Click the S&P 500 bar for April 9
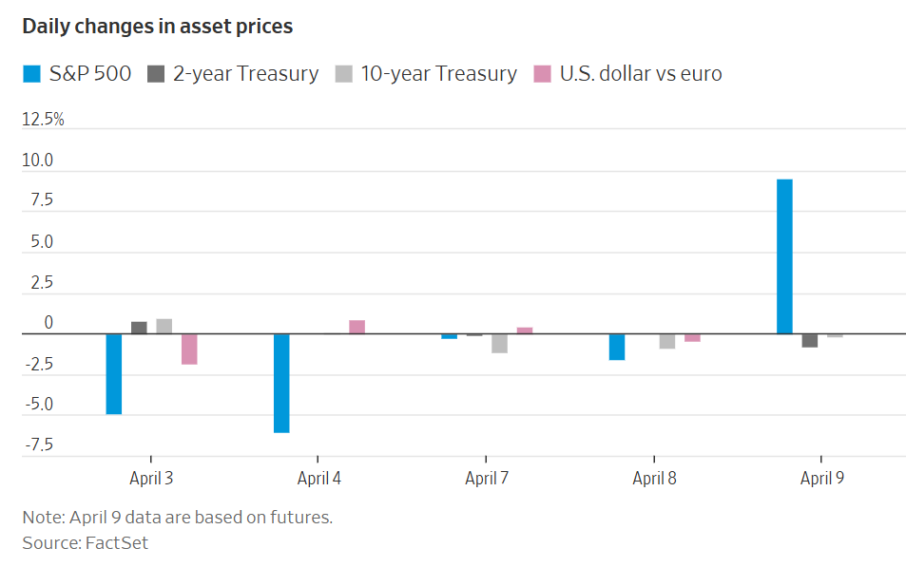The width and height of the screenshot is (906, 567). [x=784, y=256]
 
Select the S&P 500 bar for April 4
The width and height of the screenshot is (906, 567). [x=281, y=383]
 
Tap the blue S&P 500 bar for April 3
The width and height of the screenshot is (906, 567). [x=114, y=373]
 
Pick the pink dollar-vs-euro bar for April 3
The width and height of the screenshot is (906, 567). [x=189, y=349]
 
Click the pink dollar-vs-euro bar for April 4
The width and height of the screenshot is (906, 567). [x=357, y=327]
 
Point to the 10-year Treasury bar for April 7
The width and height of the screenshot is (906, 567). [x=499, y=343]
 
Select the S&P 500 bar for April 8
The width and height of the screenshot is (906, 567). [x=617, y=347]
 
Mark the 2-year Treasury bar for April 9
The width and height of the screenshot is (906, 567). [x=810, y=340]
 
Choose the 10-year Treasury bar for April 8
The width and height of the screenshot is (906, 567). [x=667, y=341]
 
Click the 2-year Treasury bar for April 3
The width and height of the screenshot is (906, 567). [x=139, y=328]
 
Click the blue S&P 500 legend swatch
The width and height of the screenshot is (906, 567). [x=31, y=73]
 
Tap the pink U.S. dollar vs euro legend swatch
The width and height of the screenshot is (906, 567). [x=542, y=73]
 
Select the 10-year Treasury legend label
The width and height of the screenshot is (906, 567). [x=438, y=73]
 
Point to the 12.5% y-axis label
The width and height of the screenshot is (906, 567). [x=44, y=120]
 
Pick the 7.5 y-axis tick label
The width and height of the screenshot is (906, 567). [x=40, y=201]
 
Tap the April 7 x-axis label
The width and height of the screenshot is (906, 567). [x=487, y=478]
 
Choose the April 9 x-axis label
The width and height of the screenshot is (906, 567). [x=821, y=478]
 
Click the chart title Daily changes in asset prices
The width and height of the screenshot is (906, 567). [x=158, y=27]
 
